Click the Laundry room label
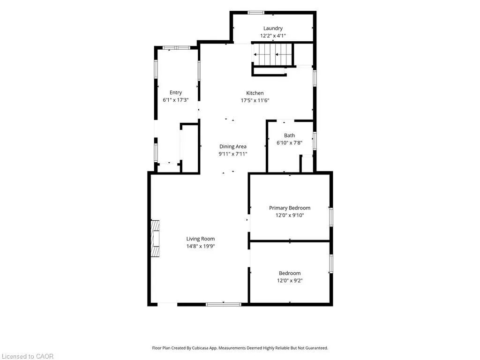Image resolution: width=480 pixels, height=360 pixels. (273, 28)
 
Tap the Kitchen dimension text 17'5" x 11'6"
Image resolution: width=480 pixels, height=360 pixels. (255, 100)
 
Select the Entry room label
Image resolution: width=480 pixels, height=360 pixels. (176, 92)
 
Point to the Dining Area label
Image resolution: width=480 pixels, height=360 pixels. (232, 146)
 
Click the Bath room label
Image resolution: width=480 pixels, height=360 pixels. (289, 135)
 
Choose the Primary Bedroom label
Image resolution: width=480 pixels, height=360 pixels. (290, 208)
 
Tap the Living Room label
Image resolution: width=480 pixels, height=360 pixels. (201, 239)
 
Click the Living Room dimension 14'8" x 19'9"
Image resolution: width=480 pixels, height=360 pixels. (201, 246)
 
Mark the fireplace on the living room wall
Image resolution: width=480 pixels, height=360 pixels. (155, 238)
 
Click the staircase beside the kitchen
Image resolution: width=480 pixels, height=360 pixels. (272, 54)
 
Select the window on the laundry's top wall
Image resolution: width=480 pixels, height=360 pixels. (256, 13)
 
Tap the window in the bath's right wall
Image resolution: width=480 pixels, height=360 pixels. (315, 141)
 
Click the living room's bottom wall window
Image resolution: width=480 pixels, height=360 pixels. (224, 304)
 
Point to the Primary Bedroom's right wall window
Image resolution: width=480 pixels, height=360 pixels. (331, 217)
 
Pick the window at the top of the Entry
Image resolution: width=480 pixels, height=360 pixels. (176, 48)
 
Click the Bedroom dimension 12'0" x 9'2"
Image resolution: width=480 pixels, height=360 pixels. (290, 280)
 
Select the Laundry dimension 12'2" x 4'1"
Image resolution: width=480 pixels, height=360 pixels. (273, 36)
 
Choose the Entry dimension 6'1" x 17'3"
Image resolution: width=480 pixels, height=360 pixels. (176, 100)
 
